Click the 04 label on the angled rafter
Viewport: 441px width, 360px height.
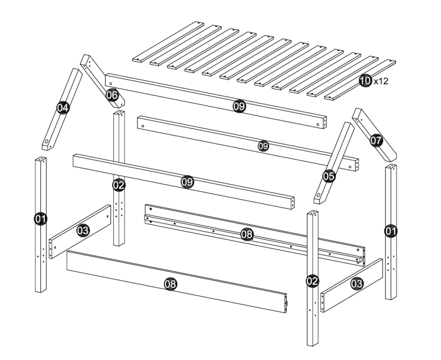pyautogui.click(x=62, y=107)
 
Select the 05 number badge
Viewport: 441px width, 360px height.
pyautogui.click(x=329, y=176)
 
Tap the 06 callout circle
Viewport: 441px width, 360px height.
pyautogui.click(x=112, y=95)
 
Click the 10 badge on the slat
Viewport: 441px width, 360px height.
pyautogui.click(x=365, y=81)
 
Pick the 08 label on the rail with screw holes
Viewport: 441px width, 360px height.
pyautogui.click(x=246, y=234)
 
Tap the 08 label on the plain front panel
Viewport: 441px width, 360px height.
pyautogui.click(x=169, y=285)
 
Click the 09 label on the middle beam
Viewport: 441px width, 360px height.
pyautogui.click(x=263, y=146)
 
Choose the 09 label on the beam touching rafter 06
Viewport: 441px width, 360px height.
pyautogui.click(x=239, y=105)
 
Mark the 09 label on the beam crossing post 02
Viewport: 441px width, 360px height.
pyautogui.click(x=187, y=182)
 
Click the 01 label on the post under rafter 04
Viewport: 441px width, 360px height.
pyautogui.click(x=41, y=219)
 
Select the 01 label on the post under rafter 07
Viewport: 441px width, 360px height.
pyautogui.click(x=391, y=230)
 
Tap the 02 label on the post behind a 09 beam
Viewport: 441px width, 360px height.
pyautogui.click(x=118, y=184)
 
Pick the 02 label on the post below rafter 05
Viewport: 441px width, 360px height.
pyautogui.click(x=313, y=280)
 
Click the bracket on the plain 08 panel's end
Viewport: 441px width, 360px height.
pyautogui.click(x=287, y=304)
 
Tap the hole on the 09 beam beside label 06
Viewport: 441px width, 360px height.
pyautogui.click(x=110, y=79)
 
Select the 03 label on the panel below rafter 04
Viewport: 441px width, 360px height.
pyautogui.click(x=83, y=230)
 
